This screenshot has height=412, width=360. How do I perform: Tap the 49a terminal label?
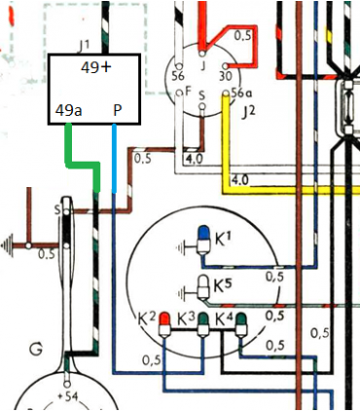[x=69, y=110]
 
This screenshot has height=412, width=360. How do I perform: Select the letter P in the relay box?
[x=118, y=110]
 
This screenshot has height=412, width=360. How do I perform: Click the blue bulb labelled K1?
[x=203, y=235]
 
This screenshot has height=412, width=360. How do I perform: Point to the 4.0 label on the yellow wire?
[x=240, y=179]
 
